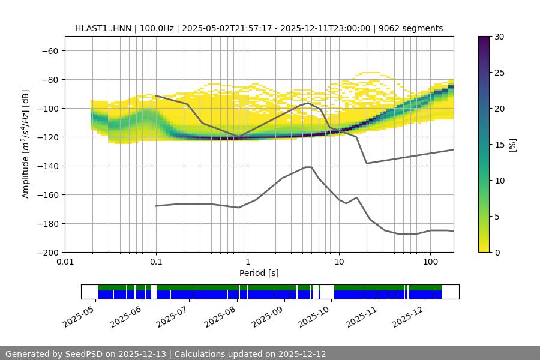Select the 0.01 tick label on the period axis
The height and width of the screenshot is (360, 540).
click(x=65, y=262)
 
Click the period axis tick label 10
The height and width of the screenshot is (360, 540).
click(x=338, y=262)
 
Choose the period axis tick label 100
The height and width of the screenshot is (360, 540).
click(x=430, y=262)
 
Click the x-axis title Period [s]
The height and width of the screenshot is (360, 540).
click(x=259, y=273)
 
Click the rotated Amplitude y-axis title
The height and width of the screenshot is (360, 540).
click(x=26, y=144)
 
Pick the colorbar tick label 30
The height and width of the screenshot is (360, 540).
click(x=499, y=37)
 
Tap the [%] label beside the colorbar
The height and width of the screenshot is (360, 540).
click(x=512, y=144)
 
